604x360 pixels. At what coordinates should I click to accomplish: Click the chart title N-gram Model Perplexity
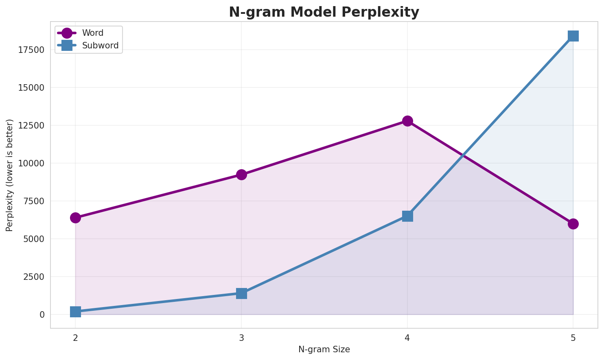point(324,12)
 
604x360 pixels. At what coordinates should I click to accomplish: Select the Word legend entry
point(92,33)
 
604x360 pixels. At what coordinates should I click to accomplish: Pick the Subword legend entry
point(100,46)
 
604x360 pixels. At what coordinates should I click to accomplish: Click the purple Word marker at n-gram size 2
point(75,218)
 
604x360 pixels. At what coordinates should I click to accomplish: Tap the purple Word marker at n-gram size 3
point(241,175)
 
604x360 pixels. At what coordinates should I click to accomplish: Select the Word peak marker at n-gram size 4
point(407,121)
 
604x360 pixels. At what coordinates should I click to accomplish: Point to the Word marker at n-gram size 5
point(573,224)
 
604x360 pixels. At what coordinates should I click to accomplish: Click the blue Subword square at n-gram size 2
point(75,312)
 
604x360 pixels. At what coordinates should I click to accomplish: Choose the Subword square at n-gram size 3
point(241,293)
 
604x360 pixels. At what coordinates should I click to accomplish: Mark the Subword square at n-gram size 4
point(407,216)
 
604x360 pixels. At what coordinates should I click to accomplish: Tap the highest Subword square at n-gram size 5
point(573,36)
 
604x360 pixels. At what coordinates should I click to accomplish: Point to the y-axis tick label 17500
point(31,50)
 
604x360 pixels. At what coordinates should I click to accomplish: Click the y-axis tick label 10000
point(31,164)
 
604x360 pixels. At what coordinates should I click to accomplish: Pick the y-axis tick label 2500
point(33,277)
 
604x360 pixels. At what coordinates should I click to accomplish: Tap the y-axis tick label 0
point(42,315)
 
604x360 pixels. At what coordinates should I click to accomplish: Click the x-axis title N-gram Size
point(324,349)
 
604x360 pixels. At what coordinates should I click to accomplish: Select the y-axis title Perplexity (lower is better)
point(10,175)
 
